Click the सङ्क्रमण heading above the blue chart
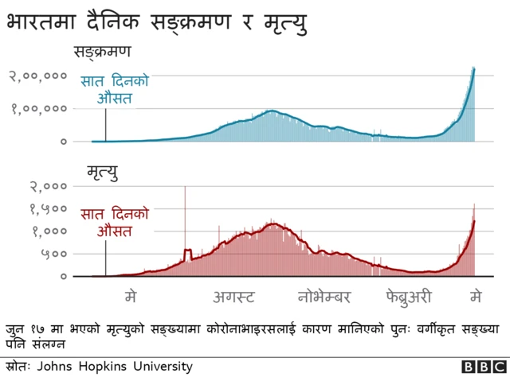tap(103, 53)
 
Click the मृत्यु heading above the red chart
tap(103, 172)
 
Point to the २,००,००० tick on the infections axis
tap(37, 76)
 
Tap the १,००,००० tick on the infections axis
tap(37, 109)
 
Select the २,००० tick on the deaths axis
tap(49, 187)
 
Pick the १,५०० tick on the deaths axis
tap(49, 209)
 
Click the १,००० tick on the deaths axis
tap(49, 231)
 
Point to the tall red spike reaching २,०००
tap(185, 191)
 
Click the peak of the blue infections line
tap(474, 68)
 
